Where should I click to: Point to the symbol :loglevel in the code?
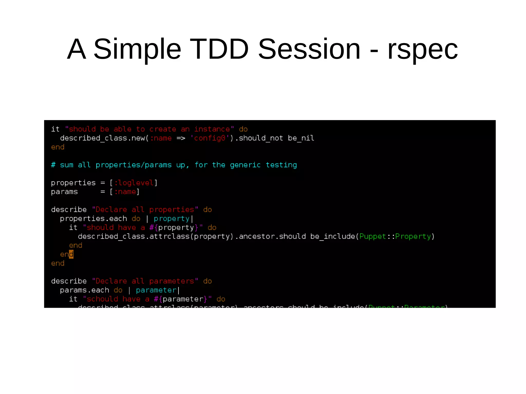point(134,183)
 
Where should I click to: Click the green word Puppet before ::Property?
point(372,237)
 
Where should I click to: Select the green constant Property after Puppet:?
point(413,237)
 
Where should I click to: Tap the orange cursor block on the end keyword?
point(71,254)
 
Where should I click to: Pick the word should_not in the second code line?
point(261,138)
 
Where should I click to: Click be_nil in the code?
point(301,138)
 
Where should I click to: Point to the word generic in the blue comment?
point(245,165)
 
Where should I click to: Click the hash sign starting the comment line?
point(53,165)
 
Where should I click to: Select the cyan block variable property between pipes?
point(171,219)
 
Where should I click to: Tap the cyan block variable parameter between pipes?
point(156,290)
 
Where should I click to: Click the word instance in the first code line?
point(212,129)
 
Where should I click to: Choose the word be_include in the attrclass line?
point(332,237)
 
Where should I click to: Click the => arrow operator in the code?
point(181,138)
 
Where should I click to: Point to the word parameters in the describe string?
point(172,281)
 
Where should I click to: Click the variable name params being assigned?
point(64,192)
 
